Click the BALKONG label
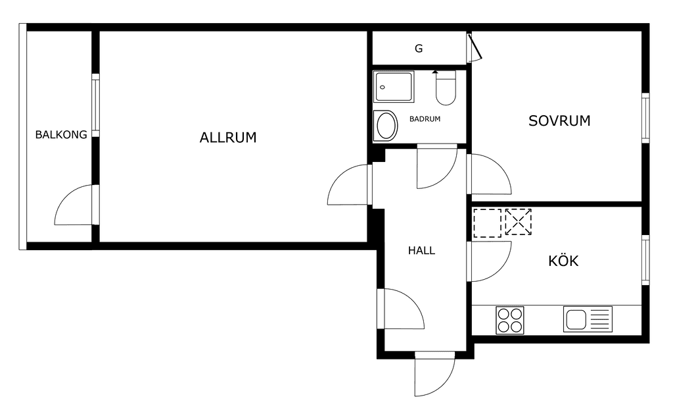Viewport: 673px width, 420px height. pos(61,134)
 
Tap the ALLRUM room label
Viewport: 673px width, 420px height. pos(228,138)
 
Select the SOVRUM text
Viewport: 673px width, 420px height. pos(559,120)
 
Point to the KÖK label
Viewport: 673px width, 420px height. pos(563,261)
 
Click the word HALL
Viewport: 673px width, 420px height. pos(421,251)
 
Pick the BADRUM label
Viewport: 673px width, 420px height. pos(425,119)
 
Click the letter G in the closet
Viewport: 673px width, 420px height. pos(419,49)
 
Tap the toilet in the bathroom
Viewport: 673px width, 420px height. pos(446,88)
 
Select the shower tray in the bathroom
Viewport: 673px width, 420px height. pos(394,87)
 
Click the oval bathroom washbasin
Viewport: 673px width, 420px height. pos(386,126)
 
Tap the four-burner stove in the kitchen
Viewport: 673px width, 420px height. pos(510,320)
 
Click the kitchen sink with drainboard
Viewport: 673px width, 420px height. pos(588,319)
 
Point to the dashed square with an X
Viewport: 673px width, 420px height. pos(519,222)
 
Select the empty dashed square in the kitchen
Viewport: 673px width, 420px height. pos(487,223)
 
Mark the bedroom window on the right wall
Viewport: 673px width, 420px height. pos(645,118)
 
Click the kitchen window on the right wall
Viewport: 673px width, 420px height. pos(645,259)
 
